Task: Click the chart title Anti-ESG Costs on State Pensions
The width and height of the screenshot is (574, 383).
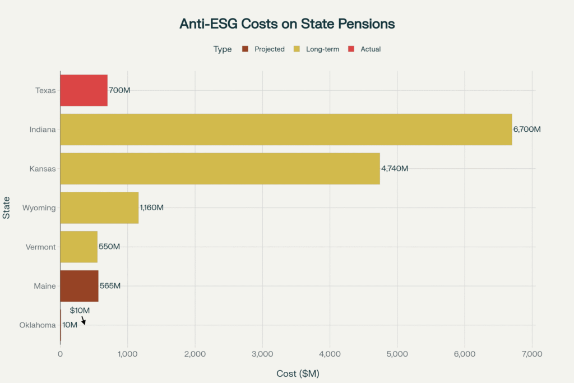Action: click(287, 24)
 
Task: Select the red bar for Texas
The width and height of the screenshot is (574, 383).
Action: click(84, 90)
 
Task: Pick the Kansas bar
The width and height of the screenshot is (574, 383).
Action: click(220, 169)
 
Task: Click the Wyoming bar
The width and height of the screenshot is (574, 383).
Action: click(99, 207)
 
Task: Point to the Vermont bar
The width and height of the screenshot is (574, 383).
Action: click(78, 247)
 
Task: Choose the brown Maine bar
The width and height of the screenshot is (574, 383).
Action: click(79, 286)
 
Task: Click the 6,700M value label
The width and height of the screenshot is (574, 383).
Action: click(527, 130)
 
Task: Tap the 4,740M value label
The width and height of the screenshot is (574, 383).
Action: click(395, 169)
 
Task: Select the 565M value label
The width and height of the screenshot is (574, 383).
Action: click(110, 286)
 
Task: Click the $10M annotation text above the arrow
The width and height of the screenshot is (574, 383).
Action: click(80, 310)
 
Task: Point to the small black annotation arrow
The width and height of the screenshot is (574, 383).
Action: click(84, 321)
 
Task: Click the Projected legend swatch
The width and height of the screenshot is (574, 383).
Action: click(245, 49)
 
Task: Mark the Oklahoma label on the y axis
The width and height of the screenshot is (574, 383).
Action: click(38, 325)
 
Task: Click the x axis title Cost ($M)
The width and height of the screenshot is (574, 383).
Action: click(298, 373)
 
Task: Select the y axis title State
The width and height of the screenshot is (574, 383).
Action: click(6, 208)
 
